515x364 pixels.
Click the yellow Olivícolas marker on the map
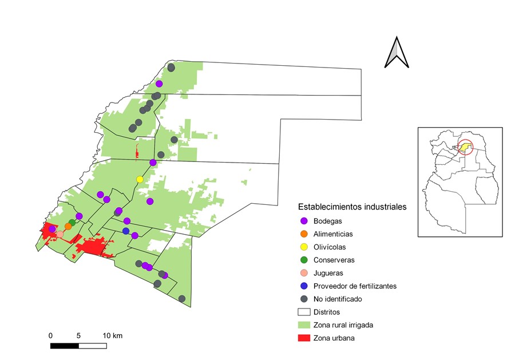140,180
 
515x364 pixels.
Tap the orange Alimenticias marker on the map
68,226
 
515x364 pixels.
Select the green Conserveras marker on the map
72,222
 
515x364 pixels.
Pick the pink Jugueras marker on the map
60,235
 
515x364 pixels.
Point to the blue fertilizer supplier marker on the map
126,231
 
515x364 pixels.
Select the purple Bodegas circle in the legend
304,221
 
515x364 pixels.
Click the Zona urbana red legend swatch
304,338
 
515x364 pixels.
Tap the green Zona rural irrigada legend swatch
304,325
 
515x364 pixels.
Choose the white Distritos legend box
304,312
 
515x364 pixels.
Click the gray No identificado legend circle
304,299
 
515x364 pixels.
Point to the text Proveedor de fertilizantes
355,286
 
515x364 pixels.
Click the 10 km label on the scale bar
112,335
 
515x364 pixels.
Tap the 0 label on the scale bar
51,335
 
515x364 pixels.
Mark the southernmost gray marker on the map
182,299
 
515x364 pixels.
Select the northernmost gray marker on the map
171,68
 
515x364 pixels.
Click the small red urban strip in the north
137,152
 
